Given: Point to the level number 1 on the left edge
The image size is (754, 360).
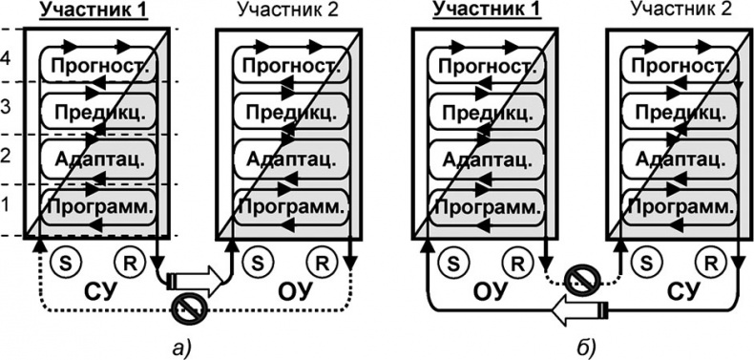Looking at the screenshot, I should coord(8,203).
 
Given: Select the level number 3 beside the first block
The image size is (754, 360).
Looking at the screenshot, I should coord(8,107).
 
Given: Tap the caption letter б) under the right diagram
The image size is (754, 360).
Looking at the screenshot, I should coord(582,345).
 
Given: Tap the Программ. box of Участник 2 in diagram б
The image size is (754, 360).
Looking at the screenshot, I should coord(679,206).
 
